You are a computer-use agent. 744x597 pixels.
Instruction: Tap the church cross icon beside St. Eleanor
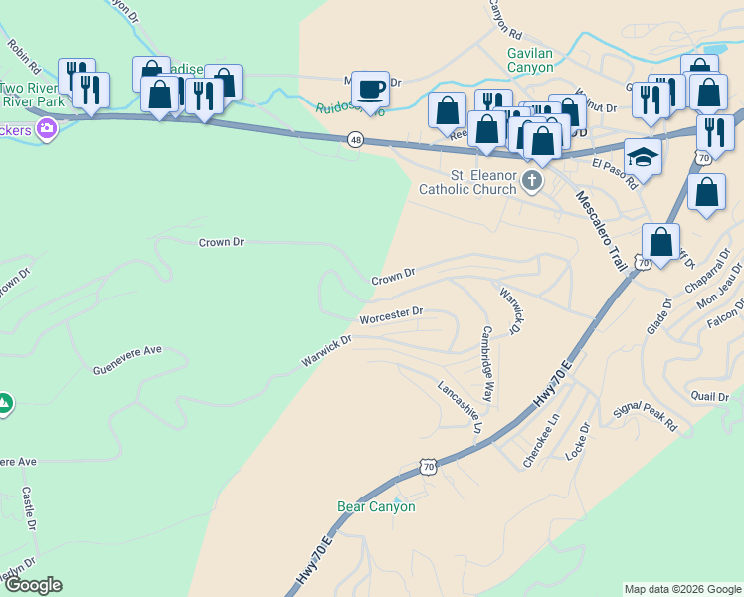coord(532,180)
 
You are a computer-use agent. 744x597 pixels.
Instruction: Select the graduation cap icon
coord(644,156)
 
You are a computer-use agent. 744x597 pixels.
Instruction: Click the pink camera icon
coord(46,128)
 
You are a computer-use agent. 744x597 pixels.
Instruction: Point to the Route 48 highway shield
coord(355,140)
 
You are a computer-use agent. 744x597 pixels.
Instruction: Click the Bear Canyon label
coord(376,506)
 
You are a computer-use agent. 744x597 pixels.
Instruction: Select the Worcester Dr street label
coord(391,313)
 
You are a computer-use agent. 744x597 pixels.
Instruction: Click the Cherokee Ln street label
coord(543,435)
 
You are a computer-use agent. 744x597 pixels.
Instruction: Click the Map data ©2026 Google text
coord(681,589)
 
